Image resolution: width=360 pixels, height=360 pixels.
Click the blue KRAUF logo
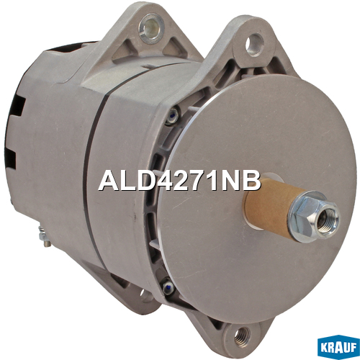[x=338, y=348]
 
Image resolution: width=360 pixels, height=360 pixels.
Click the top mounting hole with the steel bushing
[x=151, y=28]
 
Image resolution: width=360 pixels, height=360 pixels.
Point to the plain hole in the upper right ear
[x=255, y=45]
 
